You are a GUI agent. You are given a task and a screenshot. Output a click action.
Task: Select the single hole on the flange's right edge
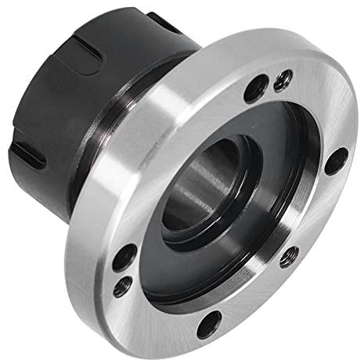point(335,160)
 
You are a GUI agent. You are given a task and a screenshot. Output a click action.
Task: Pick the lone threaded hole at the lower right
point(289,254)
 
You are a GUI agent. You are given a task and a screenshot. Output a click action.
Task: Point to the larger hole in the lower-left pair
point(125,257)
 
